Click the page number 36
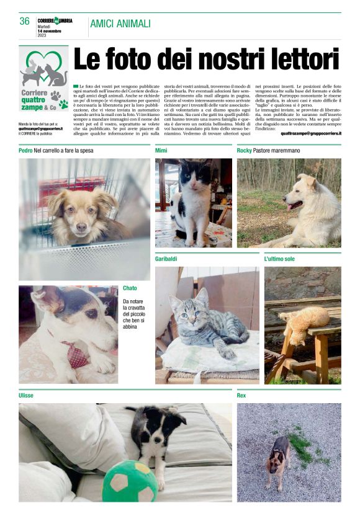(x=25, y=21)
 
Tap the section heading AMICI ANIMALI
(x=120, y=24)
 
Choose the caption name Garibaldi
(x=168, y=258)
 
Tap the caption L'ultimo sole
(x=279, y=258)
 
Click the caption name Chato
(x=130, y=288)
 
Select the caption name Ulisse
(x=26, y=395)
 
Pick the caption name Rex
(x=242, y=395)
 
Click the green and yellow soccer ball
(x=130, y=481)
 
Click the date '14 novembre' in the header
(x=51, y=30)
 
